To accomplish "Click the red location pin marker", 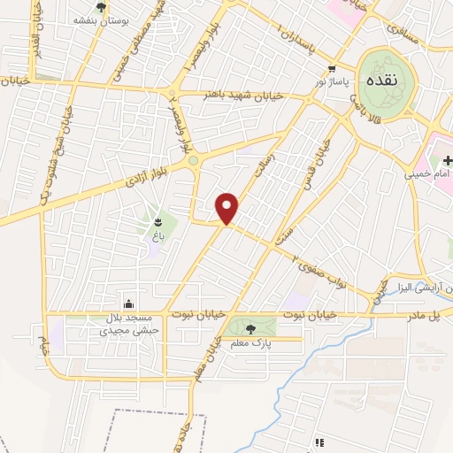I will pyautogui.click(x=228, y=209).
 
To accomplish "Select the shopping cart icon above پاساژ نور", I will pyautogui.click(x=332, y=69).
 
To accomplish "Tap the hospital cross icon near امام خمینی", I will pyautogui.click(x=447, y=159).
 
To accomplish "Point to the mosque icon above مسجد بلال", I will pyautogui.click(x=130, y=303).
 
